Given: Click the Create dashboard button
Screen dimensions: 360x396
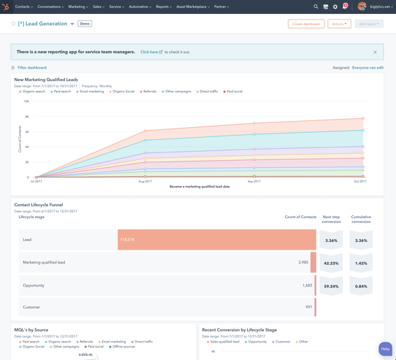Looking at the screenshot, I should (x=306, y=24).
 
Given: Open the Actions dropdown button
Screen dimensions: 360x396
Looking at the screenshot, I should (x=339, y=24).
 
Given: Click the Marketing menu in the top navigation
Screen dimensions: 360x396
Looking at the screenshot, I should (x=78, y=6).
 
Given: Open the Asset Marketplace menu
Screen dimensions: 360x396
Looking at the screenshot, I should (x=192, y=6).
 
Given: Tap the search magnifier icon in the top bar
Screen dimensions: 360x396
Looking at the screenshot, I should (x=316, y=6).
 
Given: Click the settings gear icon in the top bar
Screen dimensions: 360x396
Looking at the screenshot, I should (x=335, y=6).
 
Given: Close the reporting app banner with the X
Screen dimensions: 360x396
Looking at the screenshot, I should (x=375, y=52).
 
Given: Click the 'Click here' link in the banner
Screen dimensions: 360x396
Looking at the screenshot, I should (x=149, y=52).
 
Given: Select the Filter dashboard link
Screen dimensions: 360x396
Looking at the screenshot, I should (x=31, y=68).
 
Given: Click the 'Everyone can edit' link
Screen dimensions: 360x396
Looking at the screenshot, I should (x=367, y=68).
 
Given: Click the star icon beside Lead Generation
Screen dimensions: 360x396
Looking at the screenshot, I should (x=13, y=24).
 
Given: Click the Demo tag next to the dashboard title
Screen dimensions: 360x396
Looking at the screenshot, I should (x=85, y=24).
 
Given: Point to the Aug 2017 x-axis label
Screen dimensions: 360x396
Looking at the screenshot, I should (x=145, y=181).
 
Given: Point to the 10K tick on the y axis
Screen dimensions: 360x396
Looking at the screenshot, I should (x=27, y=101).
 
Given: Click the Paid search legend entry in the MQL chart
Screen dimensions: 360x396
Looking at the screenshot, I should (x=61, y=92).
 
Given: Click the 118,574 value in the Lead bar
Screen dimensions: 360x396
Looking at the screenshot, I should (x=127, y=240).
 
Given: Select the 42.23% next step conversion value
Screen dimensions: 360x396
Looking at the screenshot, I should (x=331, y=264).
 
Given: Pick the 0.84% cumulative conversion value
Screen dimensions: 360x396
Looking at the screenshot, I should (x=361, y=286).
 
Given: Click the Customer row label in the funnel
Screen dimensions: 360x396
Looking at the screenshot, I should (x=31, y=307).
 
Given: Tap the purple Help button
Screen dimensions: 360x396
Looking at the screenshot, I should (x=385, y=348).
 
